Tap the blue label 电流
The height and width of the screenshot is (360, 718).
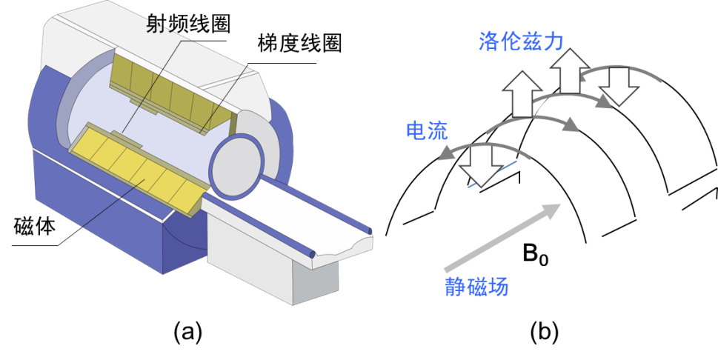tap(427, 131)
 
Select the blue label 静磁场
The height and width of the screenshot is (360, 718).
tap(476, 287)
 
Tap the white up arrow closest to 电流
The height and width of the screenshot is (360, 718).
tap(522, 93)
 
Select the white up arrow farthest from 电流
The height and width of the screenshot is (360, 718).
tap(568, 71)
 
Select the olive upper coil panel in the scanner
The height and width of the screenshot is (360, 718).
tap(172, 92)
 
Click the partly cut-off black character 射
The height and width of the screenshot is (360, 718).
tap(156, 26)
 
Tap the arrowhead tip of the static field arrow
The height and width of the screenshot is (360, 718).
tap(559, 205)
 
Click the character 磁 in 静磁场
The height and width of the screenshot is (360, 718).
tap(476, 287)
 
